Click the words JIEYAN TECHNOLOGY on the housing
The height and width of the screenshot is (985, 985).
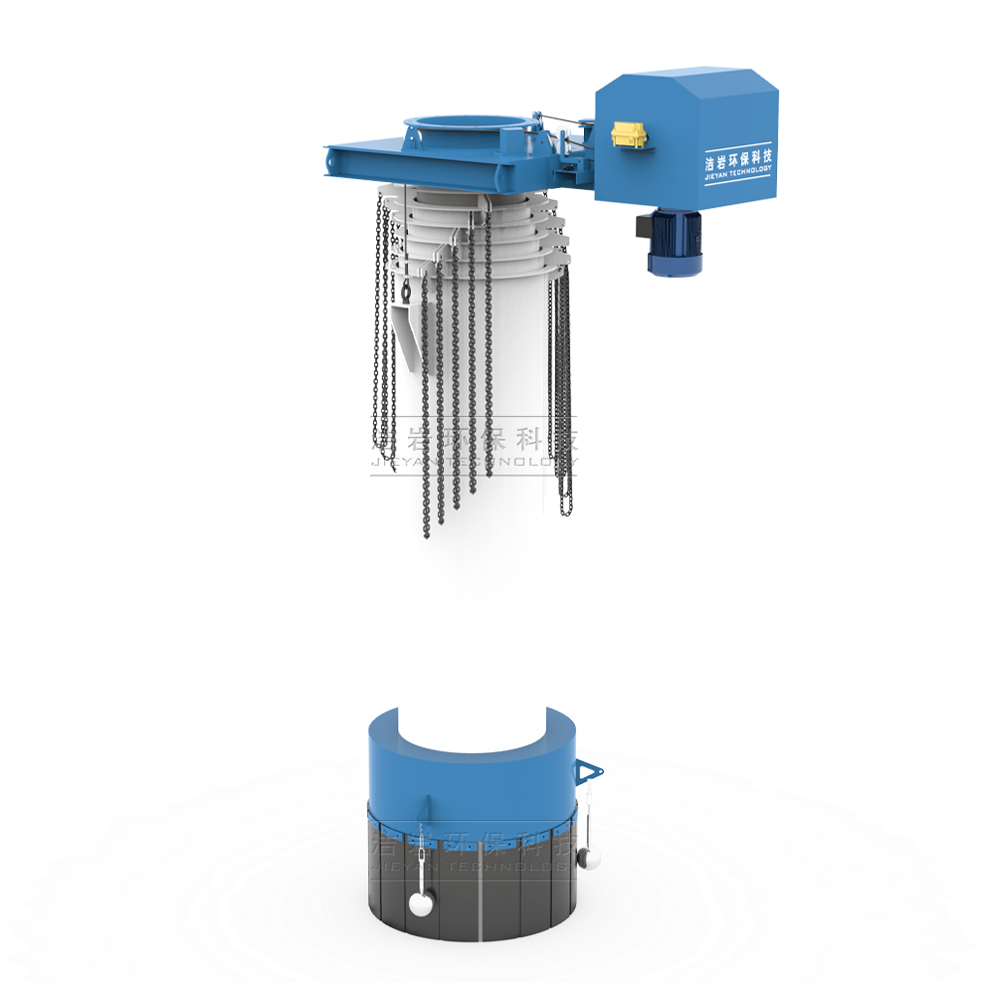[737, 173]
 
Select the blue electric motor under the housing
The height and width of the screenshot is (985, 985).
[674, 243]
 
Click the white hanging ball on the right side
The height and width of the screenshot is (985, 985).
[589, 857]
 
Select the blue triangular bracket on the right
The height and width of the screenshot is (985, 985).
[586, 770]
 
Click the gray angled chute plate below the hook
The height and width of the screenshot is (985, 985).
[405, 333]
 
